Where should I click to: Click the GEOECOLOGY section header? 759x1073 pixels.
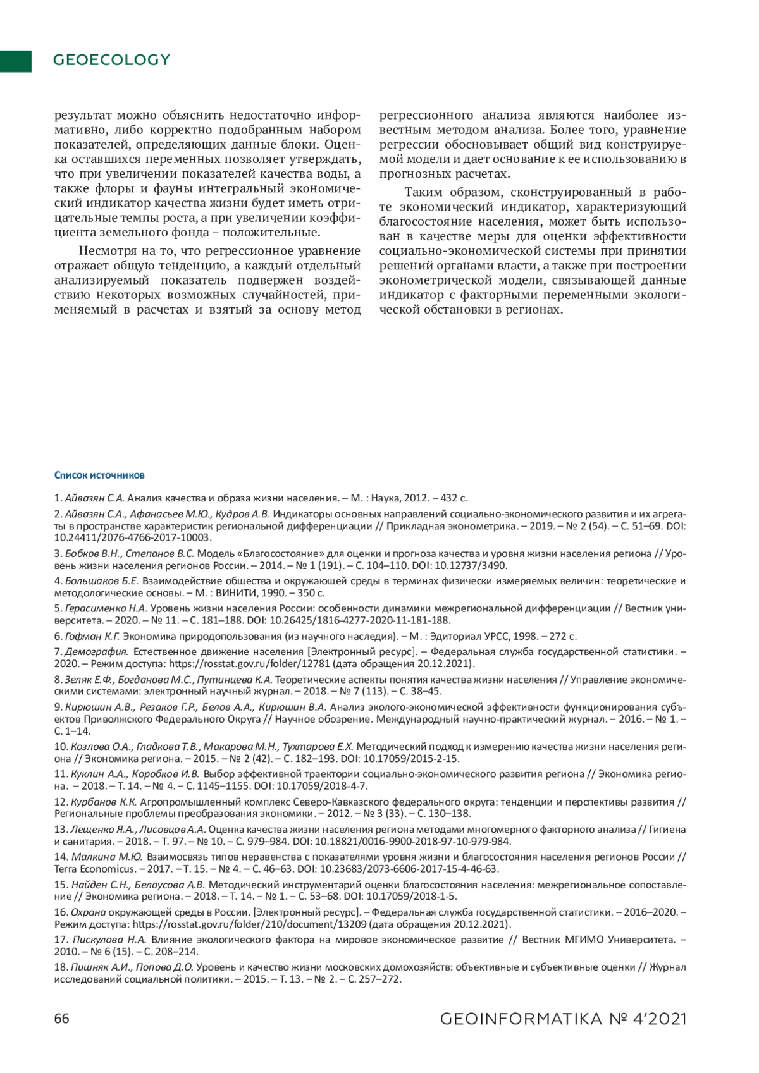pos(112,60)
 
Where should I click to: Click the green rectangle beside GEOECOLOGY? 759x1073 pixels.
pos(16,61)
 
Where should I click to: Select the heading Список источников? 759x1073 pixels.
pos(99,475)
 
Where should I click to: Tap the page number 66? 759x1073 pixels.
pos(61,1019)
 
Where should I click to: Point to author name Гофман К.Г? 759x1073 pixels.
pos(92,636)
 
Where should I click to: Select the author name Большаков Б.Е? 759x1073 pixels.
pos(101,580)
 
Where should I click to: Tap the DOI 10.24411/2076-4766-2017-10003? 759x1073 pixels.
pos(132,537)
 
